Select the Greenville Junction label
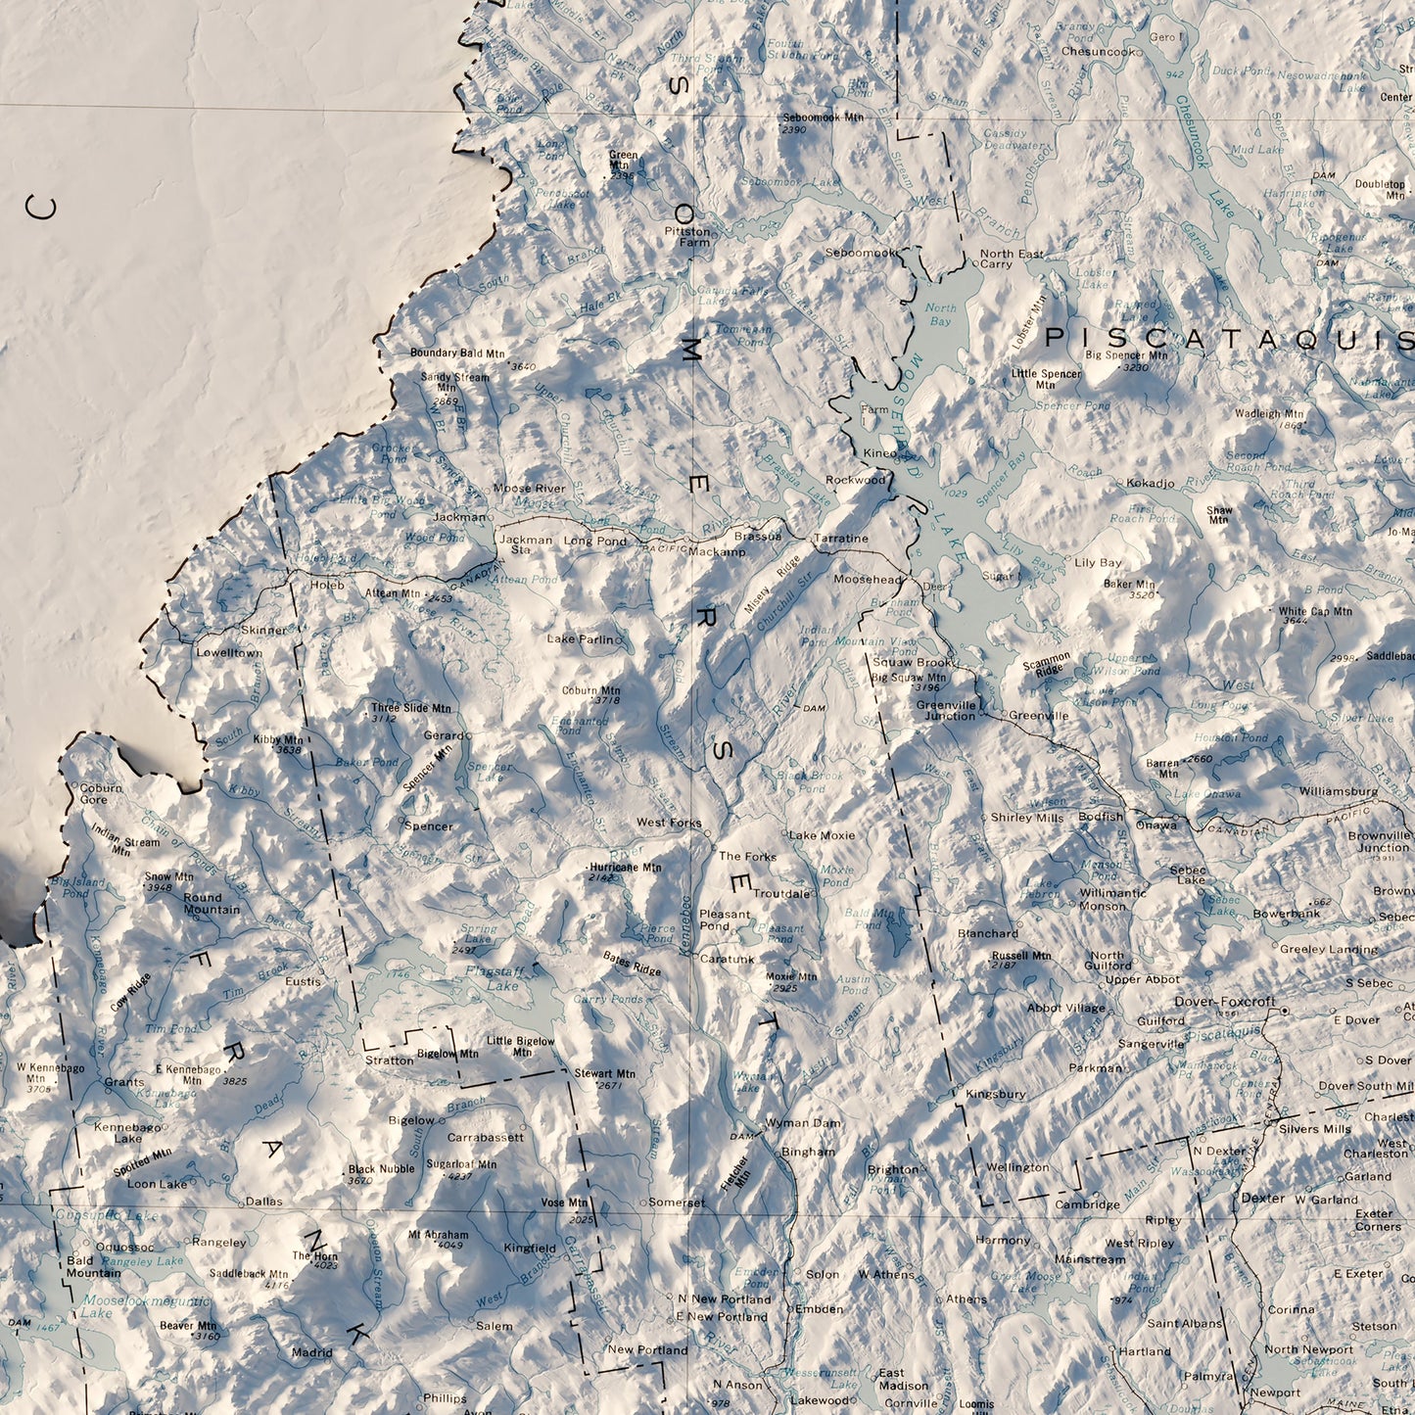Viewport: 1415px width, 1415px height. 947,710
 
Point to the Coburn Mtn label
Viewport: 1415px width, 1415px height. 590,690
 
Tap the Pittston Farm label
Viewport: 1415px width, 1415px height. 686,236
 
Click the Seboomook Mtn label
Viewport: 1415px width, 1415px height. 824,118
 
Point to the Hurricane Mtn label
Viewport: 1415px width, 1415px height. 625,867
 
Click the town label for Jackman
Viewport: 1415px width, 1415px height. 459,516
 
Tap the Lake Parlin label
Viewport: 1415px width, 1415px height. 582,639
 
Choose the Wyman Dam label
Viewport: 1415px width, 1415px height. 802,1122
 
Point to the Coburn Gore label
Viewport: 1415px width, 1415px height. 101,793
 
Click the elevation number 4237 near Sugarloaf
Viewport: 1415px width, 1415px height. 459,1177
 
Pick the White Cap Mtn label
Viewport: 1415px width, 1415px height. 1315,611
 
